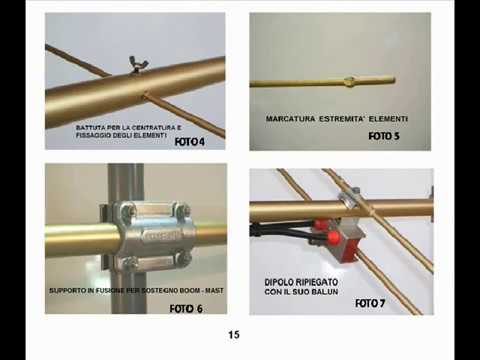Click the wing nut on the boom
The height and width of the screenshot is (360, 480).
(x=135, y=64)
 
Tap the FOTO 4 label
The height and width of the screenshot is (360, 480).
(x=190, y=142)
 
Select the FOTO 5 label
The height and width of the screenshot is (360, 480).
(x=384, y=136)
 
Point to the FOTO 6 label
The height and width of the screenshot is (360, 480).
(x=186, y=309)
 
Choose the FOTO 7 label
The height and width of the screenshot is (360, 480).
(x=370, y=303)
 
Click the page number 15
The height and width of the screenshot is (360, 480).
(x=234, y=334)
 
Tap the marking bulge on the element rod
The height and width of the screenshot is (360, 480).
(x=349, y=81)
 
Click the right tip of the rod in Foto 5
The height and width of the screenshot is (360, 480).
(x=394, y=80)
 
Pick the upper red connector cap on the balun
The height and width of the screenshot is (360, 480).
(x=320, y=224)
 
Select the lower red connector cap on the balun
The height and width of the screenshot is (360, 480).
(x=333, y=238)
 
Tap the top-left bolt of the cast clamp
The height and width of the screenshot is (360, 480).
(x=127, y=210)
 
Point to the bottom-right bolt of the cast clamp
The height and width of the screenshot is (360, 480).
(x=182, y=258)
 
